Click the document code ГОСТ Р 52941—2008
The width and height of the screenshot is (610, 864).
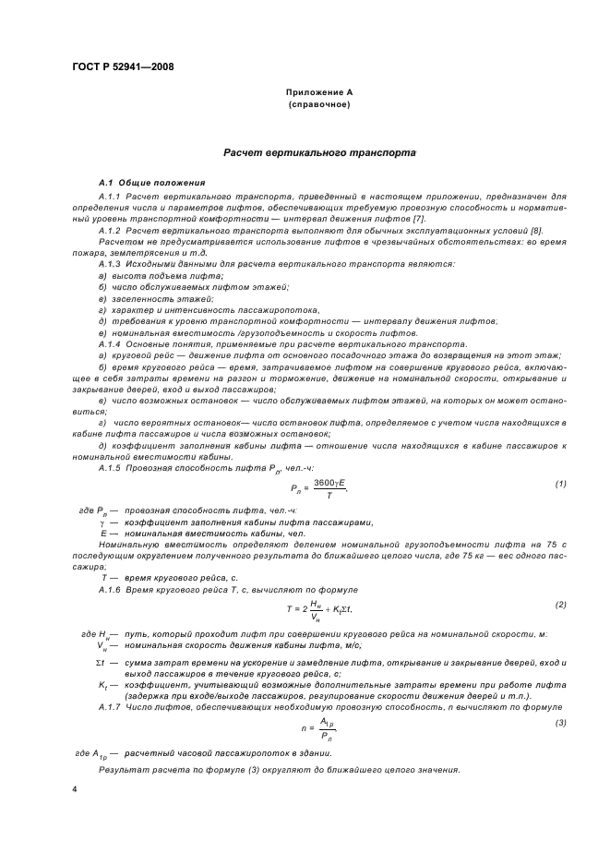(122, 66)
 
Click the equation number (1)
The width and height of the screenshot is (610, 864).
(560, 484)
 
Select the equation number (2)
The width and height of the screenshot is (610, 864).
(560, 605)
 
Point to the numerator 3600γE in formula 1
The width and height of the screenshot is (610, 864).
(329, 482)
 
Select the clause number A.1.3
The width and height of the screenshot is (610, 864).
(111, 264)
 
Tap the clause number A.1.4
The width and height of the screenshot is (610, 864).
(111, 344)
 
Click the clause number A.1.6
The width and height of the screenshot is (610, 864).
(111, 589)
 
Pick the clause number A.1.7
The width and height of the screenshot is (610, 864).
(111, 706)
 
